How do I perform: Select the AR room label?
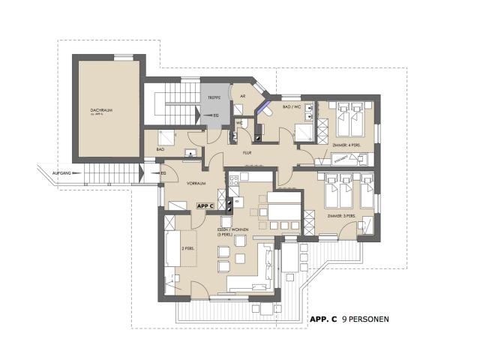click(x=242, y=97)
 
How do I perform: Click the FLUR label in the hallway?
click(x=245, y=153)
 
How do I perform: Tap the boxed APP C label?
click(x=205, y=205)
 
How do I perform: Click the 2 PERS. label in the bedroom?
click(x=188, y=247)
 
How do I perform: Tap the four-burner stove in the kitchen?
click(x=233, y=178)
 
